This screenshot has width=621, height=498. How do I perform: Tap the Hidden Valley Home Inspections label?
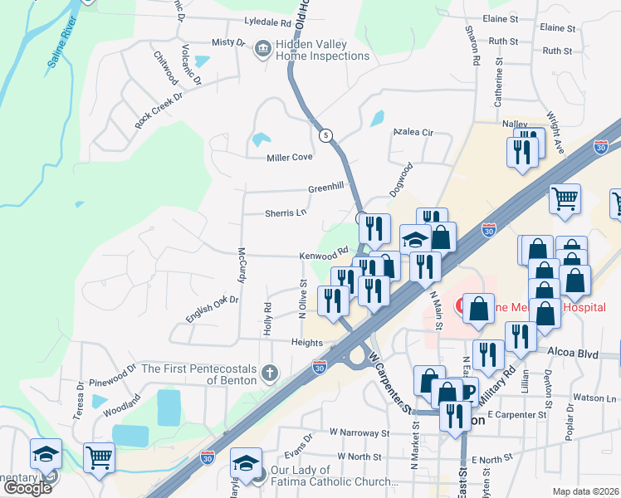tap(323, 50)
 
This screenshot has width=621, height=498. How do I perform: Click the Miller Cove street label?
tap(289, 158)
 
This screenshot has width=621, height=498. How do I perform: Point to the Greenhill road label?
tap(325, 188)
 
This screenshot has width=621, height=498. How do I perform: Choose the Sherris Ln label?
tap(286, 213)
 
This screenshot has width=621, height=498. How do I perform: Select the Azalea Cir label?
tap(413, 132)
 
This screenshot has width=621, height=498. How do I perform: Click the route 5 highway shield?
tap(325, 134)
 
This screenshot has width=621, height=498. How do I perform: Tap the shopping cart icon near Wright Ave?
tap(565, 198)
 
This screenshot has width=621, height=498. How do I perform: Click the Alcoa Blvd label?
tap(573, 353)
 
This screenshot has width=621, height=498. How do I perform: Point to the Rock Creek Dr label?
tap(158, 110)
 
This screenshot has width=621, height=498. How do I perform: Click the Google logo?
tap(27, 488)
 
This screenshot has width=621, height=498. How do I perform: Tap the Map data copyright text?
tap(585, 491)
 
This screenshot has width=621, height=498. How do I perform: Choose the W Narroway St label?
tap(359, 432)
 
